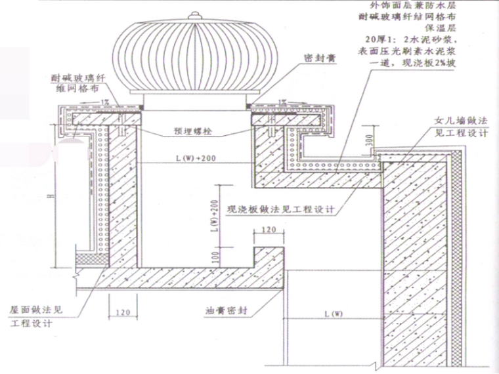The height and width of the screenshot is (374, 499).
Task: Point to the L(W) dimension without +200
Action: coord(334,314)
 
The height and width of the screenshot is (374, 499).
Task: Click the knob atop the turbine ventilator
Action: coord(194,14)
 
